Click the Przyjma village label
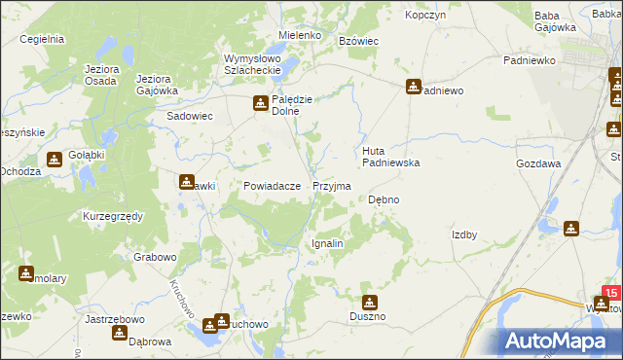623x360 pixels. pos(332,185)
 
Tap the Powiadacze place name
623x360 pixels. pos(258,186)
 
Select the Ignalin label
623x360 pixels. pos(327,243)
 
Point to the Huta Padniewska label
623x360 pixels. pos(390,157)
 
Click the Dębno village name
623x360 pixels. pos(384,199)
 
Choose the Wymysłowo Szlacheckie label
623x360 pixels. pos(252,65)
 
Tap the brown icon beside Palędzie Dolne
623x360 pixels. pos(261,102)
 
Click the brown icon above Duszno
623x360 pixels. pos(369,302)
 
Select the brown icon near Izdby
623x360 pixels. pos(571,229)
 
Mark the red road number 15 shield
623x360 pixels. pos(610,292)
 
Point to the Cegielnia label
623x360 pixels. pos(41,39)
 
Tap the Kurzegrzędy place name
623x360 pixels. pos(113,215)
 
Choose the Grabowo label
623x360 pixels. pos(155,258)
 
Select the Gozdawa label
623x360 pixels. pos(538,164)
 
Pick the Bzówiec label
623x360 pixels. pos(357,40)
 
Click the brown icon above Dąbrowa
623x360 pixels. pos(120,333)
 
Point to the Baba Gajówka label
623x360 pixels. pos(556,21)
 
